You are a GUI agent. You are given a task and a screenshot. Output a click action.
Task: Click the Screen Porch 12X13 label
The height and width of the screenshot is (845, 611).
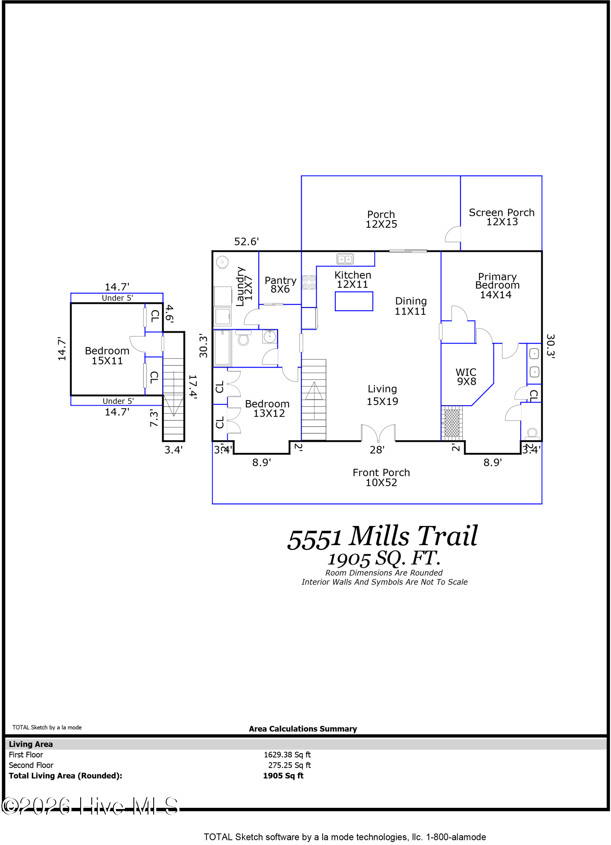pos(502,217)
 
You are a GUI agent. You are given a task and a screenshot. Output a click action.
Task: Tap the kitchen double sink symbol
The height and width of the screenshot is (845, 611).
pos(345,259)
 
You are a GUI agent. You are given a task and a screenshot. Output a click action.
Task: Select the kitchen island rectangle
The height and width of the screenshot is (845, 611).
pos(354,301)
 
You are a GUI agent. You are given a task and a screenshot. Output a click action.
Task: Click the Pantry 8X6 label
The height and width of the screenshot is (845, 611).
pos(280,285)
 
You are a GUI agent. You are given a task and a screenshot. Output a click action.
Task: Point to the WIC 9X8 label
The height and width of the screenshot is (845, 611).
pos(466,376)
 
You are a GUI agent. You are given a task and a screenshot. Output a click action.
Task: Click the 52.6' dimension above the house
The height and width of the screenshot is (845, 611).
pos(246,242)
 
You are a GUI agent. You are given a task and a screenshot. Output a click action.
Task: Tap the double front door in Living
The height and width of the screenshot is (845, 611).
pos(378,433)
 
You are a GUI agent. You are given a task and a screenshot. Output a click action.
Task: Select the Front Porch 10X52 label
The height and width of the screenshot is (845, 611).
pos(381,477)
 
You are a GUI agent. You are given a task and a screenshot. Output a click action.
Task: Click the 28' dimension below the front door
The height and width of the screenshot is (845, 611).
pos(377,450)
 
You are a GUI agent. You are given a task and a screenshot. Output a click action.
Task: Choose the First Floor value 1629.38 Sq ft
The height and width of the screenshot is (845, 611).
pos(287,755)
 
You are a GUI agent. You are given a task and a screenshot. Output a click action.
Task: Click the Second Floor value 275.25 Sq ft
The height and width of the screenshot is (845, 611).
pos(289,765)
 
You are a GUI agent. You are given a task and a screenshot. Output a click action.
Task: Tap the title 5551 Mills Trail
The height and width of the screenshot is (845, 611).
pos(382,537)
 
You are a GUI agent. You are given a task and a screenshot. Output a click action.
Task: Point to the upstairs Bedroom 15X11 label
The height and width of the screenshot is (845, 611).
pos(107,356)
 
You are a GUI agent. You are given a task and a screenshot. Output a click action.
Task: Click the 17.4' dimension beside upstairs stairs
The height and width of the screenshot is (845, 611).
pos(193,386)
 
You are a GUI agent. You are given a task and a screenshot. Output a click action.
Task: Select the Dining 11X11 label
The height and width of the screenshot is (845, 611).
pos(410,306)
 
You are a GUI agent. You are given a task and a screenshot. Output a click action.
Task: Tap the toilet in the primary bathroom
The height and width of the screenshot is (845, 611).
pos(532,434)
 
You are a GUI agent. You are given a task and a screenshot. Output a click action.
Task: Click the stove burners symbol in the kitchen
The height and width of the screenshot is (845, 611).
pos(309,282)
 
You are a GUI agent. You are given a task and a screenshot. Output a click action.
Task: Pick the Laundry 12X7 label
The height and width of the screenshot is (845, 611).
pos(244,286)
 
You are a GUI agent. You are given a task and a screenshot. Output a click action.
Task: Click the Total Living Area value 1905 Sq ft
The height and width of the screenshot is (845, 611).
pos(283,776)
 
